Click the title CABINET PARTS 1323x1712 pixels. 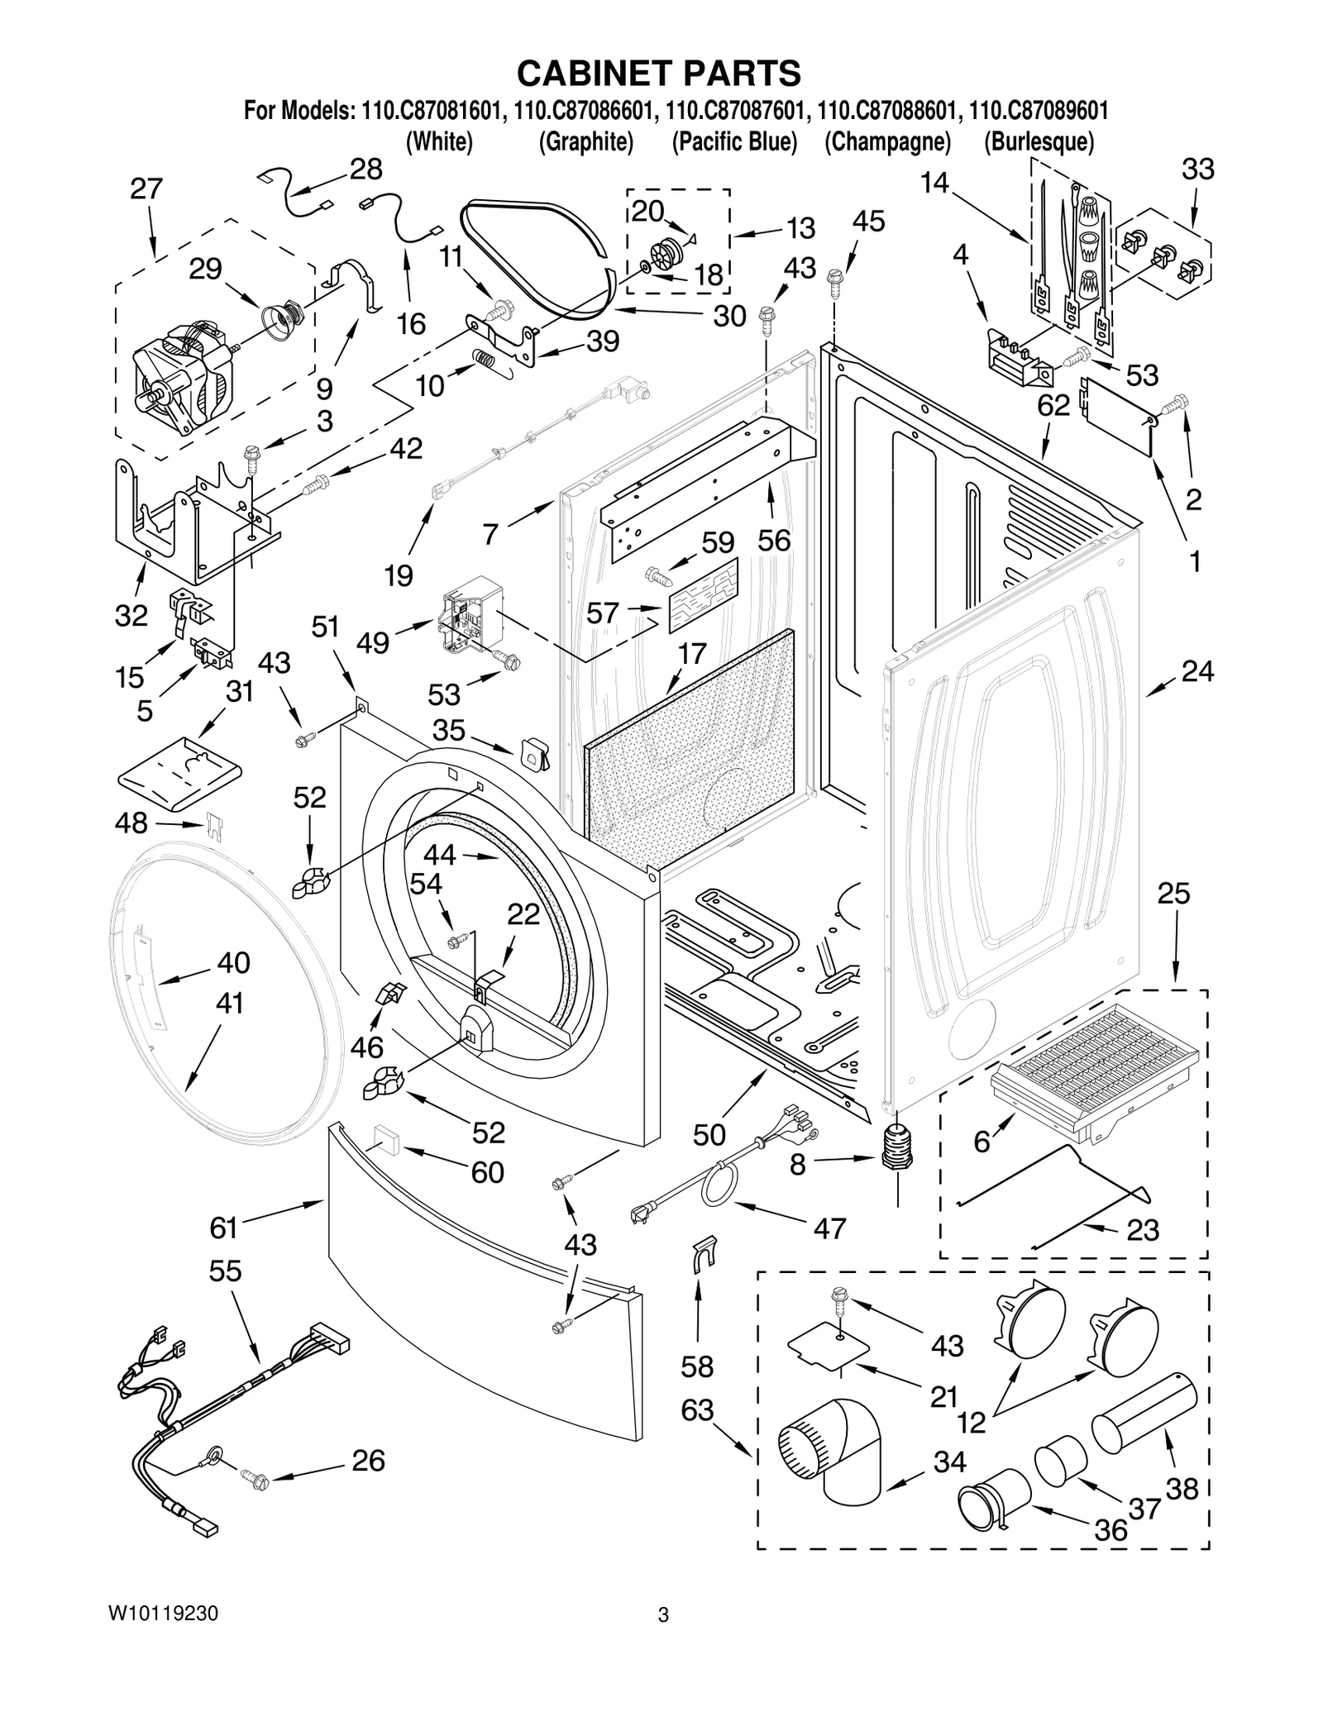pos(659,73)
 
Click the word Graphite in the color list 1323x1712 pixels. pos(585,142)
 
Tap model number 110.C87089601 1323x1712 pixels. pos(1039,111)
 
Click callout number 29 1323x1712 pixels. pos(205,269)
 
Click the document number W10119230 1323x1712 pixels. pos(163,1636)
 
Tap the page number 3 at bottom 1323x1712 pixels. pos(662,1638)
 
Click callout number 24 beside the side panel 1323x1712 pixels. pos(1196,671)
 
